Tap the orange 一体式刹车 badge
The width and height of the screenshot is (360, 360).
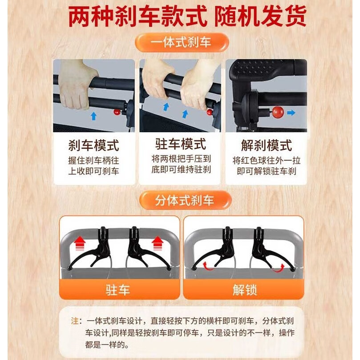click(x=181, y=43)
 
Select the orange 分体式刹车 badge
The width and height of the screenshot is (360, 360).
click(x=184, y=200)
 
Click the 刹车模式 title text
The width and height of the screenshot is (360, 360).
click(x=93, y=146)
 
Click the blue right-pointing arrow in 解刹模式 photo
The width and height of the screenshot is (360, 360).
click(x=291, y=113)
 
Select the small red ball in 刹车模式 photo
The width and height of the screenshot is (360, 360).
click(x=117, y=112)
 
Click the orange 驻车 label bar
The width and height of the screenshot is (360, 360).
click(x=119, y=290)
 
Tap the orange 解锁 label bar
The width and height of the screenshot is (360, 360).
click(x=244, y=290)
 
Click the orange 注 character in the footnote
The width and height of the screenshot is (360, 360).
click(x=74, y=321)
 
